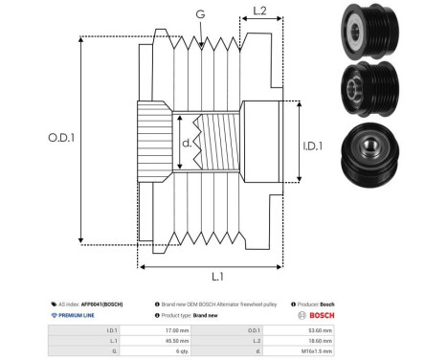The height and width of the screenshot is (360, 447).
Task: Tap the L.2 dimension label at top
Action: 258,11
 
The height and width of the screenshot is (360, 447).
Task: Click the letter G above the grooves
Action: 199,13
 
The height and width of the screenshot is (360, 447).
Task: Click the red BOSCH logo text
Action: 318,314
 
